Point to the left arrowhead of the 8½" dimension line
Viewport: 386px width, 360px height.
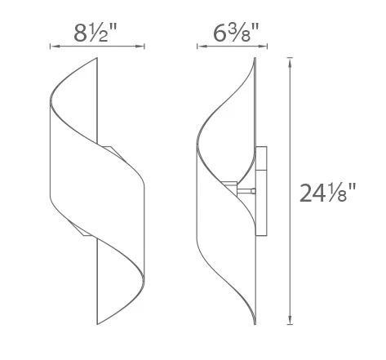coord(53,47)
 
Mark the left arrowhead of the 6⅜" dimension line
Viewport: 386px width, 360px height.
coord(199,47)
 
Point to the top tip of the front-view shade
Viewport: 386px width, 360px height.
coord(98,59)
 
